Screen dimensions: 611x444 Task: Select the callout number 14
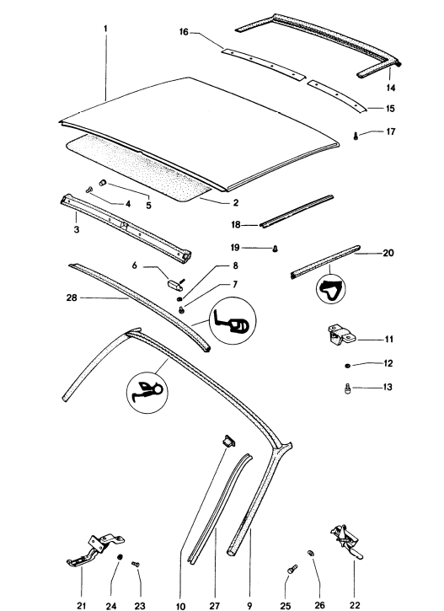coord(391,87)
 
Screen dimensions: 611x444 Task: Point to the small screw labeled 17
coord(357,134)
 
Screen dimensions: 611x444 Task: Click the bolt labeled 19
coord(277,248)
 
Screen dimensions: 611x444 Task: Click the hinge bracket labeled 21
coord(92,551)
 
